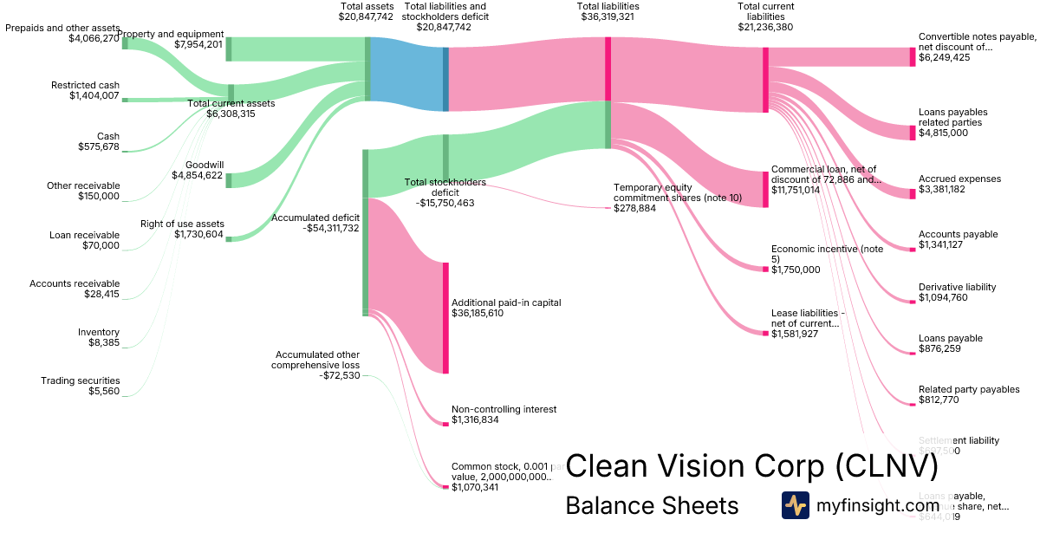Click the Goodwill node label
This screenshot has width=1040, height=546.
(x=204, y=164)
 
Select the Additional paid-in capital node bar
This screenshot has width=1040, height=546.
(x=445, y=317)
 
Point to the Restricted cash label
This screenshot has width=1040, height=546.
(x=85, y=85)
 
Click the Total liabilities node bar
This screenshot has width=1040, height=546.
(x=608, y=69)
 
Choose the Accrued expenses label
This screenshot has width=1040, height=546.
(x=959, y=179)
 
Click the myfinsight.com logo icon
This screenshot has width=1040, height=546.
(x=795, y=505)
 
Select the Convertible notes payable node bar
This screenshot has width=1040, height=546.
(x=912, y=56)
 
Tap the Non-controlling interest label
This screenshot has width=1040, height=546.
(x=504, y=409)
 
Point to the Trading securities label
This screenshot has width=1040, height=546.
(x=80, y=380)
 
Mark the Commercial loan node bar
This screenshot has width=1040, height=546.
(x=765, y=189)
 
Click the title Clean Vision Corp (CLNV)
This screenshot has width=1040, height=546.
(x=751, y=467)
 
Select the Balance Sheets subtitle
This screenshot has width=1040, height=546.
(x=652, y=505)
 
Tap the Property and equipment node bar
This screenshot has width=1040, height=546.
(x=229, y=49)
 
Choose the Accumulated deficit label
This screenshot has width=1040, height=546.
(x=315, y=218)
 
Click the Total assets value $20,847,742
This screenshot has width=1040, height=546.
(x=367, y=16)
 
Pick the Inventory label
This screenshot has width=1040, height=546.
(x=99, y=332)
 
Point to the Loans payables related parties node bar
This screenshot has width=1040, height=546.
(x=912, y=132)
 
